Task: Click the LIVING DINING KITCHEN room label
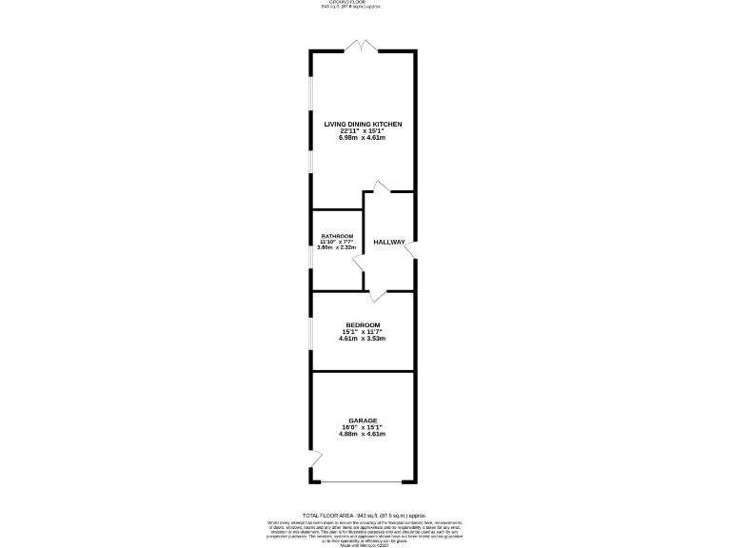point(362,124)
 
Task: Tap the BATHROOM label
point(337,236)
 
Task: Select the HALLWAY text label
point(389,243)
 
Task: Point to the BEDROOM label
point(363,324)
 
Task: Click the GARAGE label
point(363,421)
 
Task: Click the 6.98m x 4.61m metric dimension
point(362,138)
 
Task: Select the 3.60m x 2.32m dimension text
point(337,247)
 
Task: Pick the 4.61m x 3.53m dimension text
point(363,338)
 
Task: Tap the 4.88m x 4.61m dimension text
point(363,434)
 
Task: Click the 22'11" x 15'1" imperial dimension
point(362,131)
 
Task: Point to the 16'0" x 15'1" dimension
point(363,427)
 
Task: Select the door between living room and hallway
point(381,186)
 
